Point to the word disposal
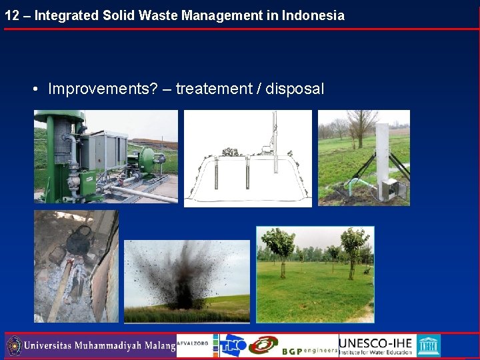[295, 89]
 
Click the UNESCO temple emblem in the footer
[428, 345]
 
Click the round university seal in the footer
[14, 346]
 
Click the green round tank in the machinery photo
[145, 161]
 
